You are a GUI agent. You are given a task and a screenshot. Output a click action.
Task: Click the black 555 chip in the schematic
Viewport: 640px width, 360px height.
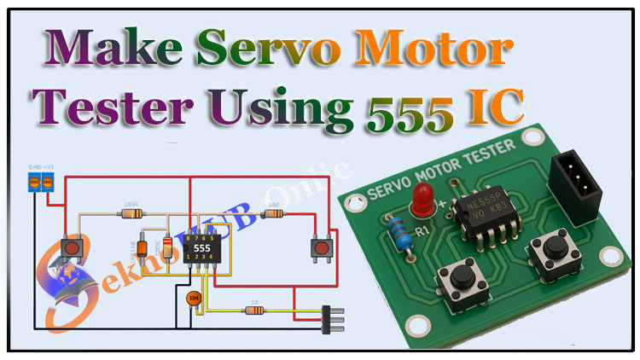202,248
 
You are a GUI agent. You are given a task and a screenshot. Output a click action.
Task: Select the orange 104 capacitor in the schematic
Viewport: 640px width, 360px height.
194,299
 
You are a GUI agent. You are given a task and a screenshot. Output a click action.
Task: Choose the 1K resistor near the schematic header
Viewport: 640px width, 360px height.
253,309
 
